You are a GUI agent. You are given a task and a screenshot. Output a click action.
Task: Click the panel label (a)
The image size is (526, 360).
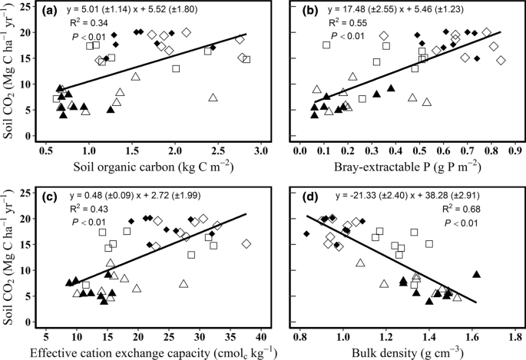pyautogui.click(x=55, y=12)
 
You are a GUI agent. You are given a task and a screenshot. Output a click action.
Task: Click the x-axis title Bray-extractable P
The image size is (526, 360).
pyautogui.click(x=405, y=167)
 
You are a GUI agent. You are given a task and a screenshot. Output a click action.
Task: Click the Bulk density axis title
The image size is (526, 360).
pyautogui.click(x=405, y=353)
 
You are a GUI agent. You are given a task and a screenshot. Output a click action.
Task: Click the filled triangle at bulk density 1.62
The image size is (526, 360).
pyautogui.click(x=477, y=274)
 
